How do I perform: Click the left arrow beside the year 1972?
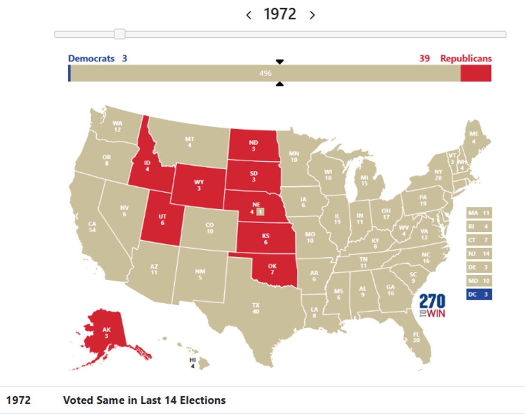point(249,15)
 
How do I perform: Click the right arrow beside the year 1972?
point(313,15)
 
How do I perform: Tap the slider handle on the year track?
point(119,34)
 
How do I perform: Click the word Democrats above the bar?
point(91,58)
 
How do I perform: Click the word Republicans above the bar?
point(466,58)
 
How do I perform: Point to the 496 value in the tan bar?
point(265,73)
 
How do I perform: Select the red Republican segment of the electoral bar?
point(476,73)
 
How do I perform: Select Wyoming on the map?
point(199,185)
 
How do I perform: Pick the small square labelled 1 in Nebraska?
point(260,212)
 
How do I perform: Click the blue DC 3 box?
point(479,295)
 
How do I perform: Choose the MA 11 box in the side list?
point(479,213)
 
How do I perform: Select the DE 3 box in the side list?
point(479,268)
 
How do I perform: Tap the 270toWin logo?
point(432,306)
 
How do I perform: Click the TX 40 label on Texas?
point(256,308)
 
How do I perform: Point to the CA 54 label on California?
point(92,227)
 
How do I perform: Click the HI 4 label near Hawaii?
point(193,363)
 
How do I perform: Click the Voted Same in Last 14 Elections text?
point(144,400)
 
